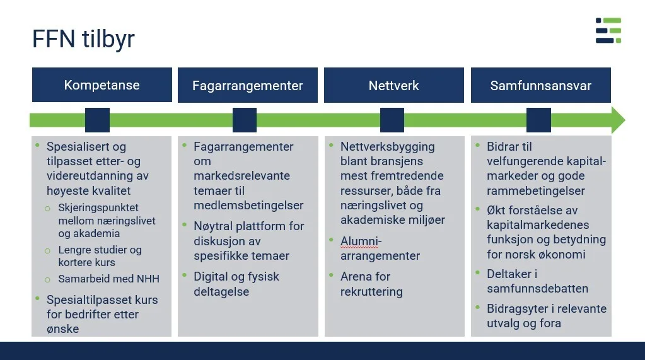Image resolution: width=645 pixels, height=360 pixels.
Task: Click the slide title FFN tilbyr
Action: (83, 39)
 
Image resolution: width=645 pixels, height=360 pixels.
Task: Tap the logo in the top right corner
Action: (608, 31)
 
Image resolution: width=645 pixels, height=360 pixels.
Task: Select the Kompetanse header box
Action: (102, 85)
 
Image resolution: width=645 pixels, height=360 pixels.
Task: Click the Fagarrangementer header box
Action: (247, 86)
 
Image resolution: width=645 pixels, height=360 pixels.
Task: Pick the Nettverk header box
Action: (393, 86)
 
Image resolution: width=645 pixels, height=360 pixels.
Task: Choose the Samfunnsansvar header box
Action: (540, 86)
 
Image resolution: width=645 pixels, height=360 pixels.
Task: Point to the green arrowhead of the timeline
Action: (617, 120)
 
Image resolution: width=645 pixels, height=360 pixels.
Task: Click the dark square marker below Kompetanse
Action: (97, 120)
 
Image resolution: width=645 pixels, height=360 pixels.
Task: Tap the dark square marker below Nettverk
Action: (392, 120)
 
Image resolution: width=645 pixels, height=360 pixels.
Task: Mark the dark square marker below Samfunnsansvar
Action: (538, 120)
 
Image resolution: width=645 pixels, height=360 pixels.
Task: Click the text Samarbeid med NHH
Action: (108, 279)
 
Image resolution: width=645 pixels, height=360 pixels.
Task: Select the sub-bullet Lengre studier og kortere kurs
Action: (100, 256)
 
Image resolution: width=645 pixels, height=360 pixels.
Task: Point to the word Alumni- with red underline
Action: (361, 241)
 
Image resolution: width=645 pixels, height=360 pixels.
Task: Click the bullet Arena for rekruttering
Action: (371, 284)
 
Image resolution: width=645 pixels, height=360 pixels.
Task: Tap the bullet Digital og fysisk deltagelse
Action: (236, 284)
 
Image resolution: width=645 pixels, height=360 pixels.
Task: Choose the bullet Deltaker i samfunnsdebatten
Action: (537, 281)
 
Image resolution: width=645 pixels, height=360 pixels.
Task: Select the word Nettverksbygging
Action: (387, 147)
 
